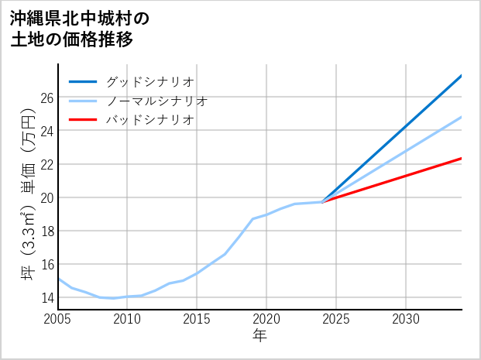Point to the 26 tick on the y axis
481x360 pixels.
point(46,98)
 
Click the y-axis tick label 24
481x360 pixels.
point(46,131)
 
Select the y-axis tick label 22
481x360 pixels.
point(46,164)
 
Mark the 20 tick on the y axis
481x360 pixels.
point(46,197)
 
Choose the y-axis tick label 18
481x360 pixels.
point(46,231)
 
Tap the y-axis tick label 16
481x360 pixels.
point(46,264)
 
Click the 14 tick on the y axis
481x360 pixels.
point(46,297)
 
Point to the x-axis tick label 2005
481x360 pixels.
point(57,319)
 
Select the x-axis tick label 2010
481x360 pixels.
point(127,319)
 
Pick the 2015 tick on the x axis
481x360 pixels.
point(197,319)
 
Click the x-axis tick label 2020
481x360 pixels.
point(266,319)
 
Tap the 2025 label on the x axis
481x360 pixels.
point(336,319)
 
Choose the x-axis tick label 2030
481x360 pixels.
point(406,319)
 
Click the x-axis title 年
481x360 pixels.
point(259,336)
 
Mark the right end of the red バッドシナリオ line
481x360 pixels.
point(462,158)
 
